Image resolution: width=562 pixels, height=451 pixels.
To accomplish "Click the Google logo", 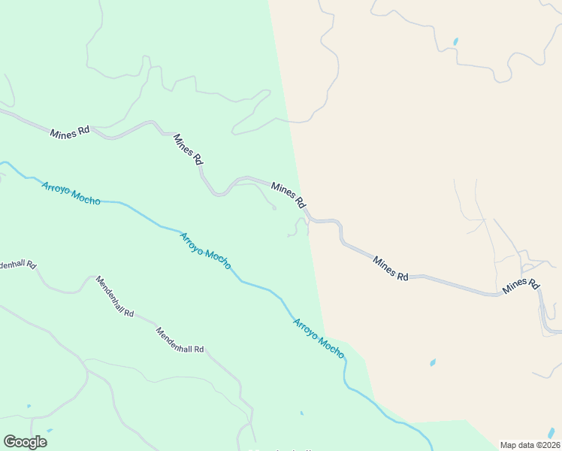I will [x=26, y=442].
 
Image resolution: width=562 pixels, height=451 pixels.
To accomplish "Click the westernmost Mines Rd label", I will [x=70, y=132].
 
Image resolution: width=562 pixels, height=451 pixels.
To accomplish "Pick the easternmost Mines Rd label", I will [x=521, y=285].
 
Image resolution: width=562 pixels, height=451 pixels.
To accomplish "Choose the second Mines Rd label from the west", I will [x=188, y=149].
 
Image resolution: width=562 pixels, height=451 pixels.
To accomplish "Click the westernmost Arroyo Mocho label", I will [x=71, y=192].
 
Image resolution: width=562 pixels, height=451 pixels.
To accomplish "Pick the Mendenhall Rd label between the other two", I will [x=114, y=295].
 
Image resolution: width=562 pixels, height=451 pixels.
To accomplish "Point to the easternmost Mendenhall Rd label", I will [x=180, y=340].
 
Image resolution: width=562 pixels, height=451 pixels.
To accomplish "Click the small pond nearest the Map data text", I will [x=551, y=432].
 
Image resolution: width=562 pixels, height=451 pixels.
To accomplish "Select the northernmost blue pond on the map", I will [x=455, y=41].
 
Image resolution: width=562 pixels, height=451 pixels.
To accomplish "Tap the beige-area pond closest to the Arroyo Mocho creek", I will [x=432, y=362].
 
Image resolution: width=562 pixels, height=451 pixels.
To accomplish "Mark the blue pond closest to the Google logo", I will [x=50, y=431].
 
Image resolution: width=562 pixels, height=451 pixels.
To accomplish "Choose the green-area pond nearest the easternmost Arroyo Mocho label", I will [x=301, y=413].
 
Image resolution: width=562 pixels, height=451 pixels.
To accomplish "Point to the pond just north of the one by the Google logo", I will [x=29, y=407].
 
